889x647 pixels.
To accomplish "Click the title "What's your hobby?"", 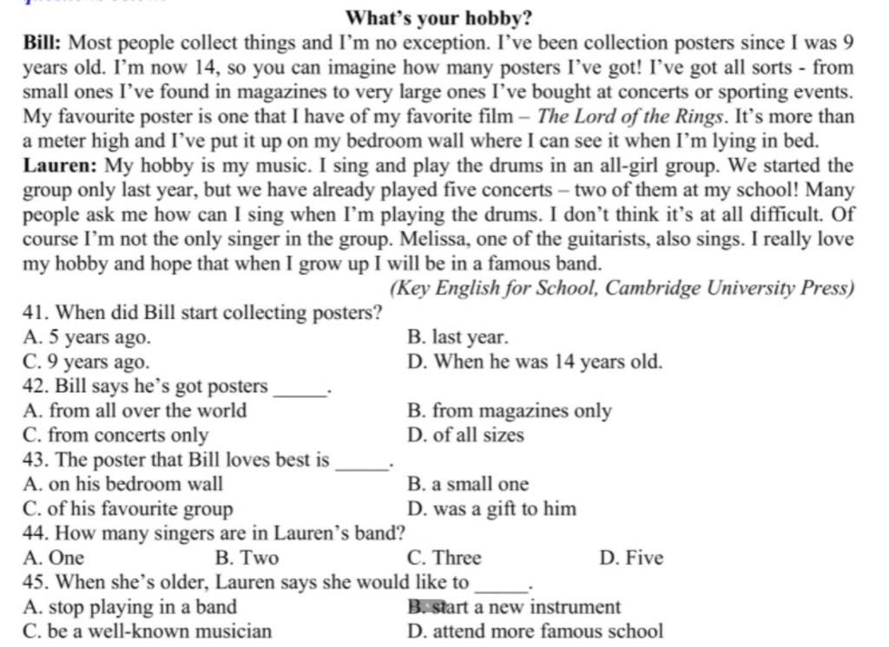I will click(438, 17).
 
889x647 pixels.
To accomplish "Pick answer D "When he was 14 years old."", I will click(534, 362).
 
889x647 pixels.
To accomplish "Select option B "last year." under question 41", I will click(458, 337).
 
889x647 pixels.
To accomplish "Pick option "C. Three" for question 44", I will click(443, 558).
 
